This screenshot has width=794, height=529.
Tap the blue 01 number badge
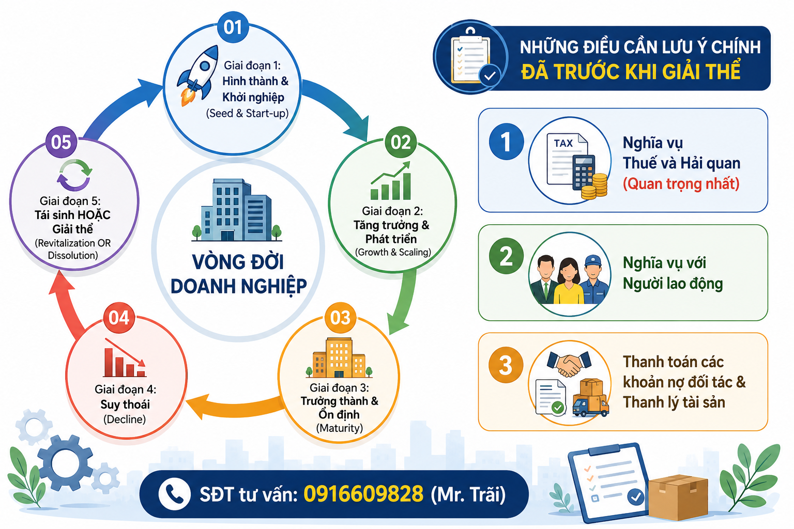[x=233, y=27]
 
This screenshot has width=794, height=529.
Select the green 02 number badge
[x=401, y=142]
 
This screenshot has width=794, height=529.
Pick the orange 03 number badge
[x=340, y=318]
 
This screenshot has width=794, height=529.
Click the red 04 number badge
[x=119, y=318]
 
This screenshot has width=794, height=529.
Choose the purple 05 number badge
[x=62, y=142]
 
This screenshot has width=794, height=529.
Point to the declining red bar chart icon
[x=125, y=358]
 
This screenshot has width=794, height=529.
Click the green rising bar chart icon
[x=390, y=181]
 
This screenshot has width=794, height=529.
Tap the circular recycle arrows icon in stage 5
[x=74, y=175]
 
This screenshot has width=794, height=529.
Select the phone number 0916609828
[x=363, y=493]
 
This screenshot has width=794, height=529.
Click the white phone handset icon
[x=174, y=494]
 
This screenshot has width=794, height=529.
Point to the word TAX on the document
[x=563, y=143]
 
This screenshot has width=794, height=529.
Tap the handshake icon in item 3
[x=569, y=364]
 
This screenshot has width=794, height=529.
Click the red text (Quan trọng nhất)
[x=681, y=183]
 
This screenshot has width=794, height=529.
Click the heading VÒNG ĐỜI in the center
[x=238, y=262]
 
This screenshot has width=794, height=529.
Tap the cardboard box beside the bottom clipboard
[x=678, y=497]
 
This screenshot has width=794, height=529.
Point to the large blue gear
[x=65, y=462]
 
